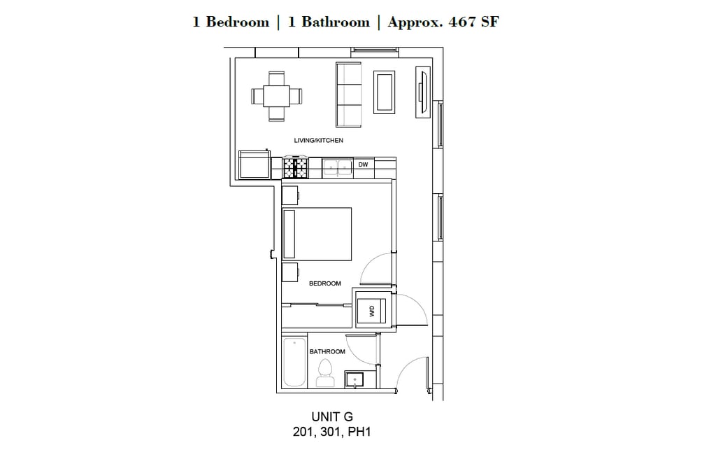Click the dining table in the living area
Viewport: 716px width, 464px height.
[x=277, y=96]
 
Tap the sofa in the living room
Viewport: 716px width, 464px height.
[x=349, y=94]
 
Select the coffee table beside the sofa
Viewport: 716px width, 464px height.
[x=385, y=92]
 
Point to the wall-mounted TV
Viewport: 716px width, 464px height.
[x=422, y=92]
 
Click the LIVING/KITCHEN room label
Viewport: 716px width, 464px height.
[x=318, y=141]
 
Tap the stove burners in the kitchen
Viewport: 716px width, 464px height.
[x=296, y=167]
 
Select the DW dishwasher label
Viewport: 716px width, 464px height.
[x=363, y=165]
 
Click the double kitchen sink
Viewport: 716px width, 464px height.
[x=338, y=167]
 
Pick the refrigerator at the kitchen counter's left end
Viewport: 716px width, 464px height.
[x=254, y=164]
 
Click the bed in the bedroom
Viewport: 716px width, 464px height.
[x=316, y=233]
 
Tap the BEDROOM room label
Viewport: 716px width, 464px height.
[x=325, y=283]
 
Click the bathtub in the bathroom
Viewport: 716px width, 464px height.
[x=294, y=362]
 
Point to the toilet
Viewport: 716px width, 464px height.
[x=324, y=373]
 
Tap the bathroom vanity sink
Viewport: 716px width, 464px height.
[x=355, y=379]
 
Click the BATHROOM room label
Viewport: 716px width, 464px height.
[x=327, y=351]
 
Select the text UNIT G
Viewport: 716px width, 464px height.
[x=332, y=417]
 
